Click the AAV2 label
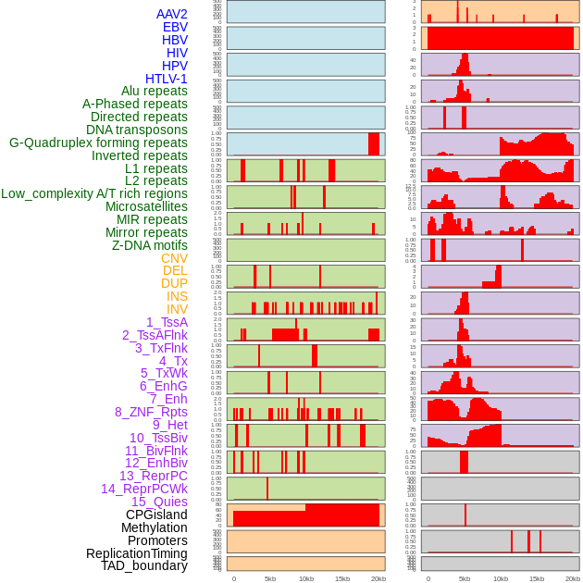171,14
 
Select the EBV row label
175,27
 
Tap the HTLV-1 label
166,79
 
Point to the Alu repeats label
154,91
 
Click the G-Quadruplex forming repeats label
98,143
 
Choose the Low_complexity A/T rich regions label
94,193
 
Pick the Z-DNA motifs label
149,245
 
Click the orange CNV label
174,258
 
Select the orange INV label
177,309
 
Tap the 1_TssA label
167,322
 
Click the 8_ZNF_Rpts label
151,412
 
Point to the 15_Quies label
159,502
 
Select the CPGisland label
156,515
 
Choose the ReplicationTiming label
136,553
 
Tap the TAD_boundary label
144,565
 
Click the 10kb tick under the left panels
305,578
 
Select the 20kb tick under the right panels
573,578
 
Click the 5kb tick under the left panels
269,578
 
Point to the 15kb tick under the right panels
537,578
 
